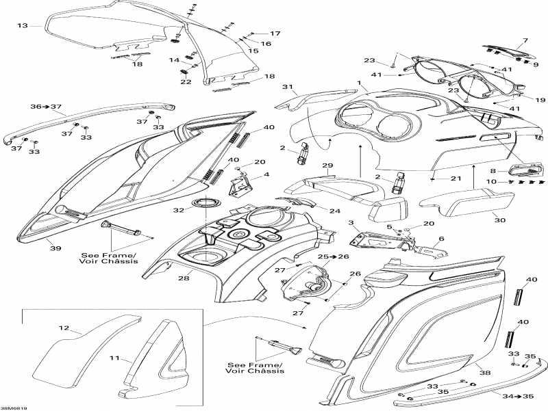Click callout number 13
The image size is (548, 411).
point(23,25)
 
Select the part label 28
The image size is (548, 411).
point(184,278)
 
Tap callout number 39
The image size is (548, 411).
point(56,248)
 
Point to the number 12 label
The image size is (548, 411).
point(64,328)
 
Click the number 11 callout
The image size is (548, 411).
point(114,358)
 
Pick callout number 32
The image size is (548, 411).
point(179,210)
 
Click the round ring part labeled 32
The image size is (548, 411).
point(207,202)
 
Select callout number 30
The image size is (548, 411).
point(500,220)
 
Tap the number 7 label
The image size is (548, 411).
point(525,40)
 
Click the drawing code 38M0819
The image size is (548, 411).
point(14,408)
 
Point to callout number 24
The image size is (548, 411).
point(335,211)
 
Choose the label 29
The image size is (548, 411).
point(327,165)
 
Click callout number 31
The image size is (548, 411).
point(287,87)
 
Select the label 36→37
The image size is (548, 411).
point(46,107)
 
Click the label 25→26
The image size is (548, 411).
point(334,256)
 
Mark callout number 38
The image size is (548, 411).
point(485,373)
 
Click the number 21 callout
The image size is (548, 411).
point(456,178)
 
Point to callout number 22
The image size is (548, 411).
point(186,81)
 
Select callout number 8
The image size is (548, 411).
point(493,170)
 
